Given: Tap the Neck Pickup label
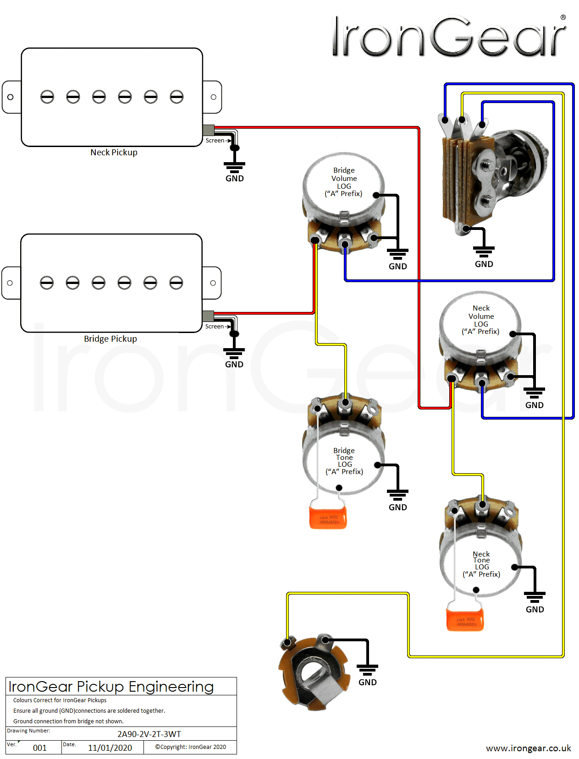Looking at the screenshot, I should point(114,153).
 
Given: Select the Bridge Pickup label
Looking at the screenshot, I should point(110,339).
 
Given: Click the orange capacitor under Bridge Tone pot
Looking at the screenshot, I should point(328,516).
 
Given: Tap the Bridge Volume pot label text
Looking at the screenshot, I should point(344,182).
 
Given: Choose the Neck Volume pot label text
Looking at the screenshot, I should point(481,320).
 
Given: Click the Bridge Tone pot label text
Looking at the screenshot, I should point(344,461).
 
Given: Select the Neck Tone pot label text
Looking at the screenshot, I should point(481,564).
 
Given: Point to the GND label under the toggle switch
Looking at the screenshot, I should point(484,264).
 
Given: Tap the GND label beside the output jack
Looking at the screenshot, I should point(368,683).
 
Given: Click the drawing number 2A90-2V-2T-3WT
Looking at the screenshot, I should point(149,734).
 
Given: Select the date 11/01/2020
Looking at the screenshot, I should point(110,748).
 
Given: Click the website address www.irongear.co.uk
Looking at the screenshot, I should point(529,748).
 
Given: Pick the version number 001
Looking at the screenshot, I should point(40,748).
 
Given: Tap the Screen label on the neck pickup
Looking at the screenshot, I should point(215,141).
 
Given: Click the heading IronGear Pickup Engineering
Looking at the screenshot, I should point(111,687).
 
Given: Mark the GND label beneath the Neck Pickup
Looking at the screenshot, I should point(235,179).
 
